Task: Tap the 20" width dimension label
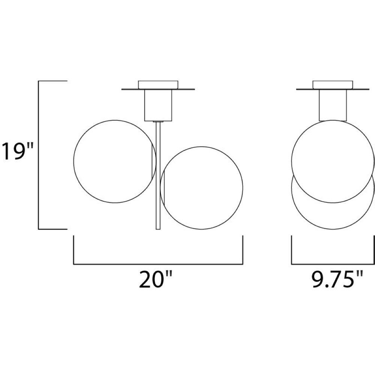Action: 156,279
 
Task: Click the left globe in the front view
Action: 74,161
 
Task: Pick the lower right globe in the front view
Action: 243,188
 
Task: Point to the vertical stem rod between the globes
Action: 158,176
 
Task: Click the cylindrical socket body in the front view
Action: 158,105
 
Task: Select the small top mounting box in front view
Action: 158,85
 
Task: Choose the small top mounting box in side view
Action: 333,85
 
